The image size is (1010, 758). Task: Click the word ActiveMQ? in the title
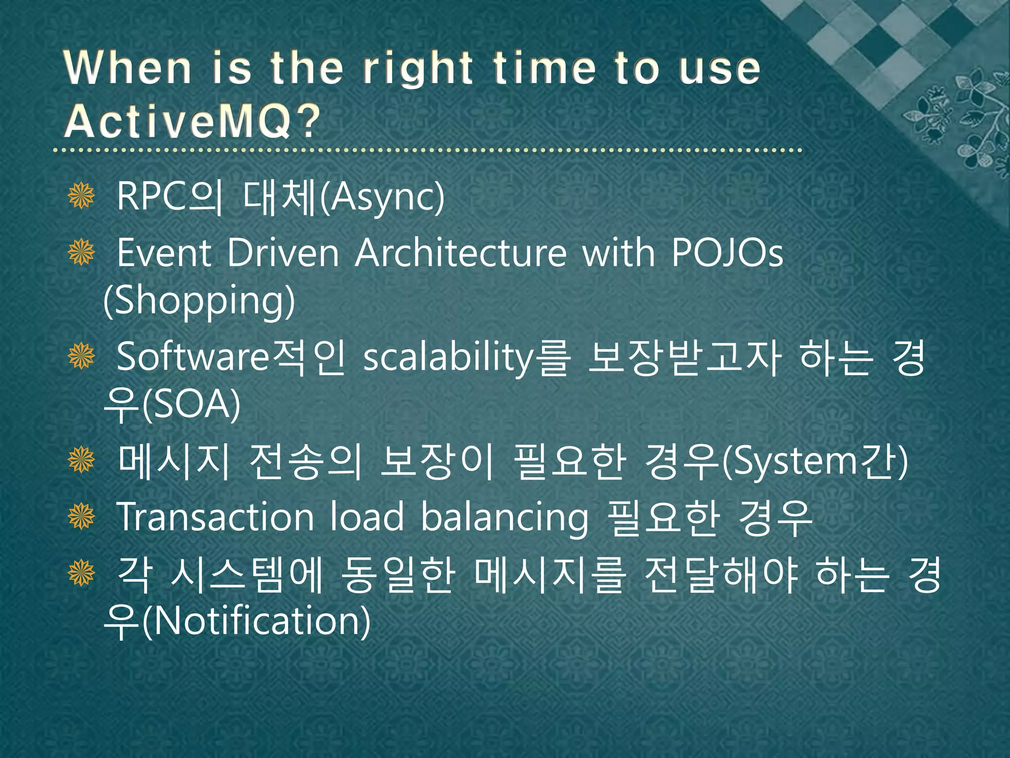192,121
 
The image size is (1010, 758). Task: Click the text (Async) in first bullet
382,197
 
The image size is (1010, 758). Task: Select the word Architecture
461,253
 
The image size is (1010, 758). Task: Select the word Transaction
215,517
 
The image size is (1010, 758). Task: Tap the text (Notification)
256,622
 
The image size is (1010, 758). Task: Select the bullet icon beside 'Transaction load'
81,516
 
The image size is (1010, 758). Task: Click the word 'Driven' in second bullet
283,253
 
